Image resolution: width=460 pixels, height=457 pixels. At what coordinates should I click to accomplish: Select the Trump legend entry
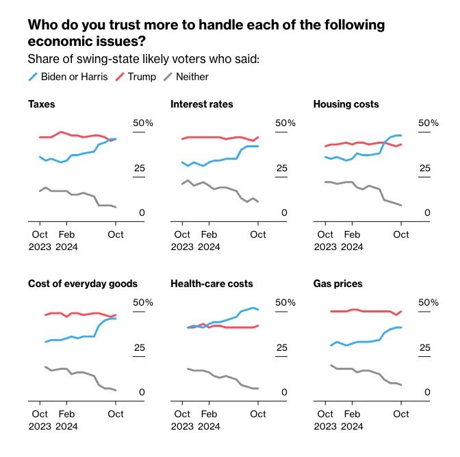[142, 77]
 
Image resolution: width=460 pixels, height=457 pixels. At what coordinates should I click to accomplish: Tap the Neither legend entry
[191, 77]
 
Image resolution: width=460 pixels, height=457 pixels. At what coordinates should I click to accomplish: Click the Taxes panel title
[42, 104]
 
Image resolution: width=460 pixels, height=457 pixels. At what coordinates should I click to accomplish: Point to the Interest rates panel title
[201, 104]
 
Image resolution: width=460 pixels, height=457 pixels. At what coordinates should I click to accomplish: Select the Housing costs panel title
[346, 104]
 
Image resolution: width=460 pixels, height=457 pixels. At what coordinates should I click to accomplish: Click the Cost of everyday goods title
[83, 284]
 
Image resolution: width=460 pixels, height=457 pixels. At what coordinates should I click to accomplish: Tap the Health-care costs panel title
[212, 284]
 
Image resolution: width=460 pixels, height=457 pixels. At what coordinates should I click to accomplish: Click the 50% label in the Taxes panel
[142, 123]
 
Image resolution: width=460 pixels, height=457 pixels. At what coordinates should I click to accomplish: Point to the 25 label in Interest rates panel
[281, 169]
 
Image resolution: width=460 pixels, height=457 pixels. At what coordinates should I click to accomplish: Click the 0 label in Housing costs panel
[427, 213]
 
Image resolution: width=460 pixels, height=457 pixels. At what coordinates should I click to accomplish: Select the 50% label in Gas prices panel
[428, 303]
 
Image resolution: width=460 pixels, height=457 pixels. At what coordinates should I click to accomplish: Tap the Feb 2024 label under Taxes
[66, 240]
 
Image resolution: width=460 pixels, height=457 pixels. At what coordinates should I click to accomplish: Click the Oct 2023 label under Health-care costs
[182, 420]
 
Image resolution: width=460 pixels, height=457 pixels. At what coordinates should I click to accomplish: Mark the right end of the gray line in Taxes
[116, 207]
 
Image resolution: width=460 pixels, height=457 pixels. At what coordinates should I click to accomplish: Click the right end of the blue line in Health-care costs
[257, 310]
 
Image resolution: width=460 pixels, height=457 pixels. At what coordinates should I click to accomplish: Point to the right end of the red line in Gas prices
[401, 311]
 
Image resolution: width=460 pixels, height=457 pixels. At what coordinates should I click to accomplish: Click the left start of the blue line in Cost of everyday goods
[45, 342]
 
